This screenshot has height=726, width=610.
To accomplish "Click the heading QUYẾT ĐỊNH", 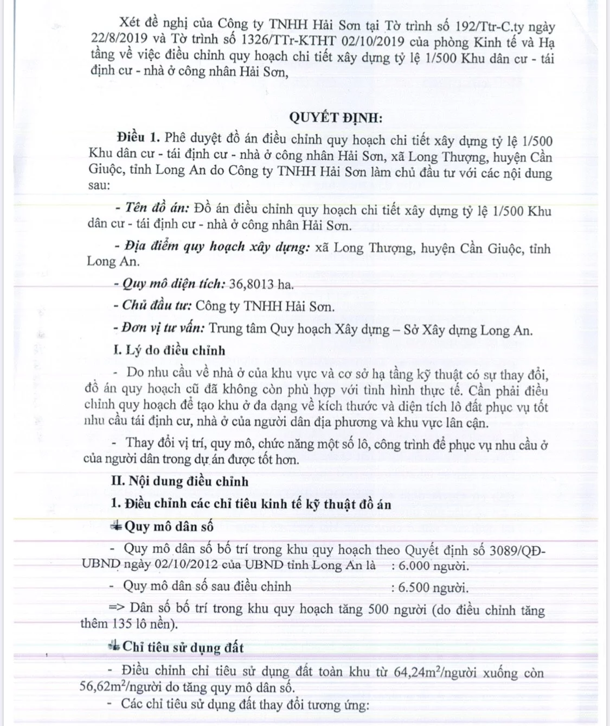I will [x=335, y=117].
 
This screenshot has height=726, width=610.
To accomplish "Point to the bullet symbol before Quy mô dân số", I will [x=115, y=526].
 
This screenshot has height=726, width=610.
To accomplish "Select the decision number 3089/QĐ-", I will [x=517, y=550].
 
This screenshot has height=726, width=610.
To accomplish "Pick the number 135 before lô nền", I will [x=123, y=624].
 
